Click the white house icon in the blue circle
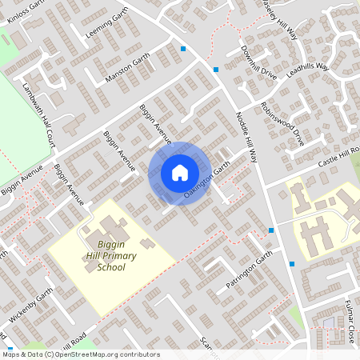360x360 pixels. [180, 173]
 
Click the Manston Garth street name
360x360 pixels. [127, 68]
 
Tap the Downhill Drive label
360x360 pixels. [258, 62]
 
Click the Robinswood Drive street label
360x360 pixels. [282, 122]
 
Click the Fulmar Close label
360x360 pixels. [350, 325]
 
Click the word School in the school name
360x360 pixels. [111, 267]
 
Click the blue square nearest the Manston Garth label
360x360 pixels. [183, 49]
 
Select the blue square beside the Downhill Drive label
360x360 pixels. [215, 69]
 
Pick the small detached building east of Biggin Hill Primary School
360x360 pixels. [146, 242]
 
